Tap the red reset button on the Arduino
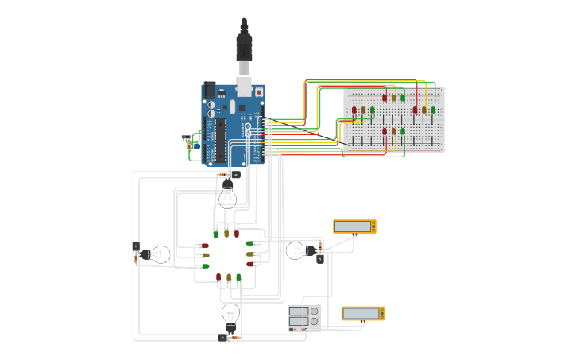click(x=258, y=92)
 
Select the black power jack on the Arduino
click(x=211, y=91)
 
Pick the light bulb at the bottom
click(x=230, y=315)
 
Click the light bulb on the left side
click(x=157, y=254)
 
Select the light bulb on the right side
click(x=297, y=251)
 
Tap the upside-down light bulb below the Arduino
click(x=227, y=194)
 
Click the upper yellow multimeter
click(x=354, y=226)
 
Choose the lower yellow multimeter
click(x=363, y=313)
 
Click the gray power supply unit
click(x=303, y=318)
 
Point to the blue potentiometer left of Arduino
click(x=195, y=145)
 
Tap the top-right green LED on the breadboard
click(x=433, y=110)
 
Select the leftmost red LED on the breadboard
click(x=354, y=110)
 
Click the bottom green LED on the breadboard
click(x=402, y=131)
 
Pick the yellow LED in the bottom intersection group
click(x=229, y=277)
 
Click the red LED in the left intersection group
click(x=205, y=246)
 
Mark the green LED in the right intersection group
click(x=249, y=243)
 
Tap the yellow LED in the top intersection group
click(x=226, y=234)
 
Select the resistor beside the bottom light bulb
click(x=236, y=338)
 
